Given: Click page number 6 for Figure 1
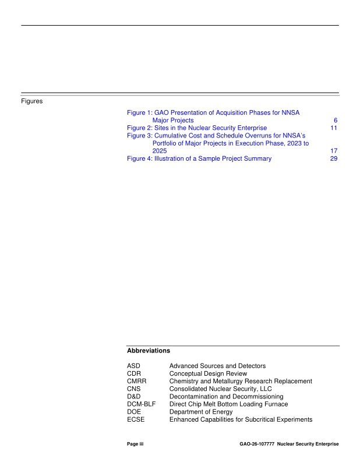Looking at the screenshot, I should (336, 121).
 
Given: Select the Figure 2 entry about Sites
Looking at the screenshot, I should (197, 128).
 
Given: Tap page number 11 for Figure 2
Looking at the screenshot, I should (334, 128).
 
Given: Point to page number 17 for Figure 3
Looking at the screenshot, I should (334, 150).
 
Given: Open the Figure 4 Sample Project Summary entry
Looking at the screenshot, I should (199, 158).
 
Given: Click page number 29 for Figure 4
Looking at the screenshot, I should (334, 158).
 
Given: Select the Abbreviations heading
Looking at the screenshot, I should (148, 351).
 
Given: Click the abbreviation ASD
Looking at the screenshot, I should (134, 366).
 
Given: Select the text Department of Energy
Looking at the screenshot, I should (200, 412).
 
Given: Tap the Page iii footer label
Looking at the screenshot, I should (135, 444).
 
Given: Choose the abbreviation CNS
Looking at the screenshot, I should (134, 389).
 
